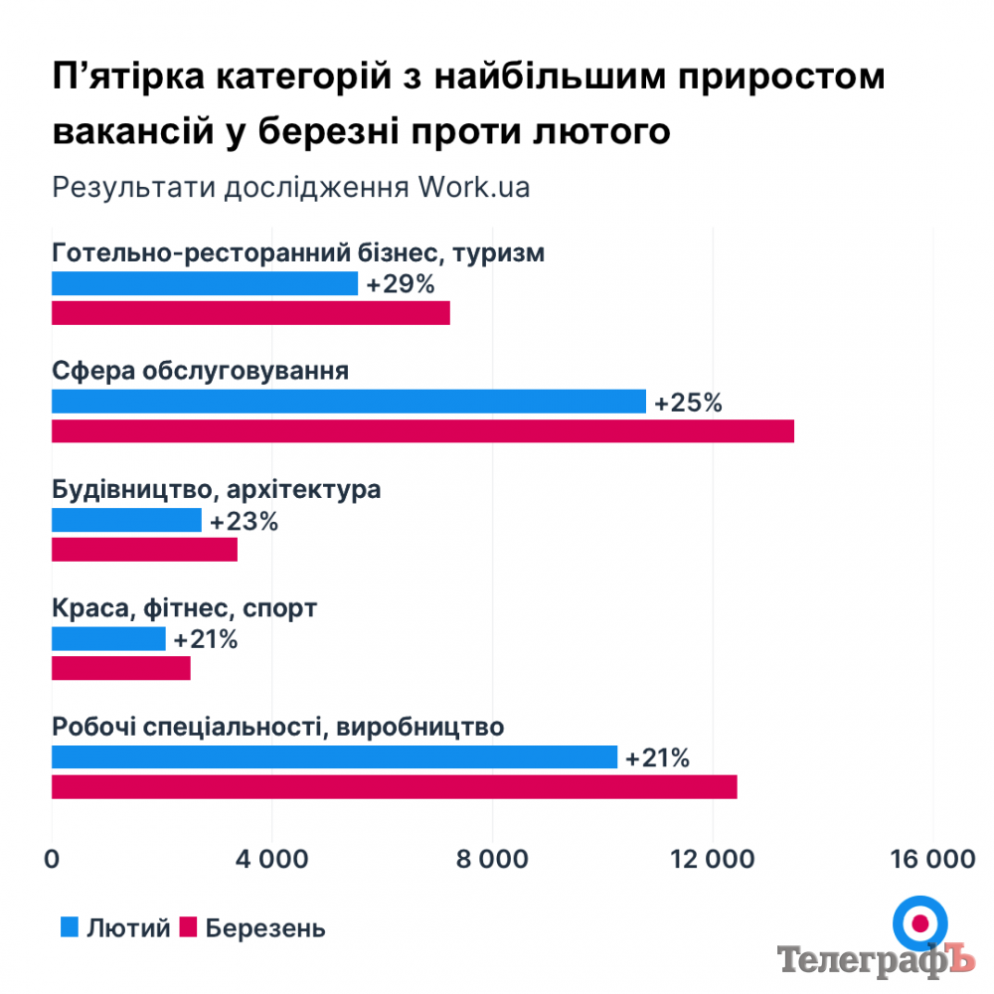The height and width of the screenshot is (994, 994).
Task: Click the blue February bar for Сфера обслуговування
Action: point(348,402)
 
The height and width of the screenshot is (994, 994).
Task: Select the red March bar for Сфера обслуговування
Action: point(422,431)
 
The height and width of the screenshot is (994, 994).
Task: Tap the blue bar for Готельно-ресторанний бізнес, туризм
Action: point(204,283)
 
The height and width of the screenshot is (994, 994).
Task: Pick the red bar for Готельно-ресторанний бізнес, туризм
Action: point(250,313)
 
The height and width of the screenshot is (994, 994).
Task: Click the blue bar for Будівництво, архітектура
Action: point(126,520)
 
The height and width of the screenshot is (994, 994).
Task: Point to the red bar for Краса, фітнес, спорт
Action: point(120,668)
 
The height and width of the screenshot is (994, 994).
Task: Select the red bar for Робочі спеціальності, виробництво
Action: point(394,786)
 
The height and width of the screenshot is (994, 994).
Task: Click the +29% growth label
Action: point(400,284)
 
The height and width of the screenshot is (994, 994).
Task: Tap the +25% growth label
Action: point(688,403)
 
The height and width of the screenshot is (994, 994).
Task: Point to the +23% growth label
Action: point(244,521)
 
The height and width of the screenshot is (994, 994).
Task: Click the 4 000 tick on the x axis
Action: point(272,860)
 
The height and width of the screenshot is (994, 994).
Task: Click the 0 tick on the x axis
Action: point(52,860)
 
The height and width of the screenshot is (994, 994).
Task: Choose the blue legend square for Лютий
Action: point(70,928)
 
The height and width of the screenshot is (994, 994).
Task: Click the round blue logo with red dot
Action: point(918,923)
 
